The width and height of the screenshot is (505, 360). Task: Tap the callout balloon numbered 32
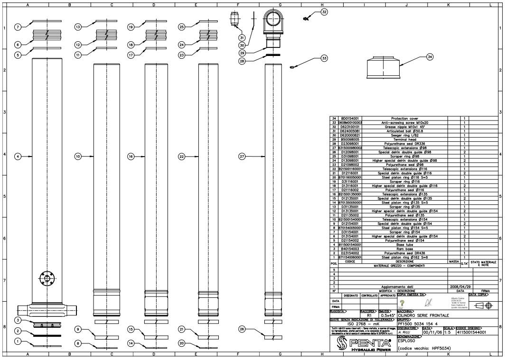click(x=324, y=12)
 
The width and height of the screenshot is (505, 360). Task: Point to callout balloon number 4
click(x=18, y=156)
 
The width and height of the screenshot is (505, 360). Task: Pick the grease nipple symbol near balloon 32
click(x=306, y=18)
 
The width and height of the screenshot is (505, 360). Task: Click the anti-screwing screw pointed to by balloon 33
click(x=291, y=67)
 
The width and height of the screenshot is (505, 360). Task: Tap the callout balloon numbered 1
click(x=18, y=341)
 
